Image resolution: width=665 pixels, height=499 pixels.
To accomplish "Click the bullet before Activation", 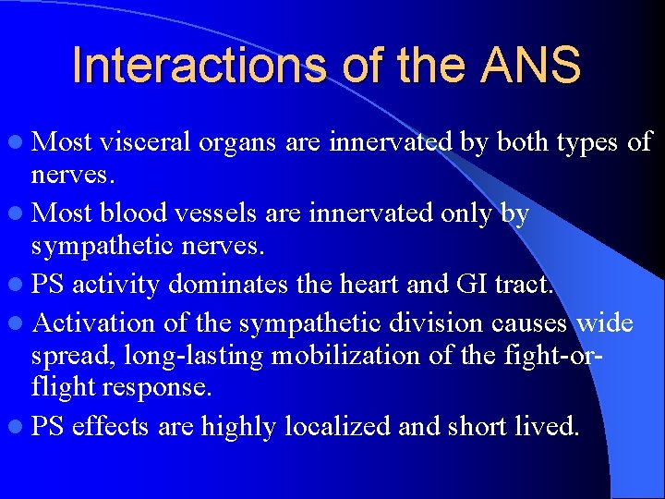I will [19, 323].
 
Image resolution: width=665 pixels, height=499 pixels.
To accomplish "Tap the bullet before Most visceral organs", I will [19, 143].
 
